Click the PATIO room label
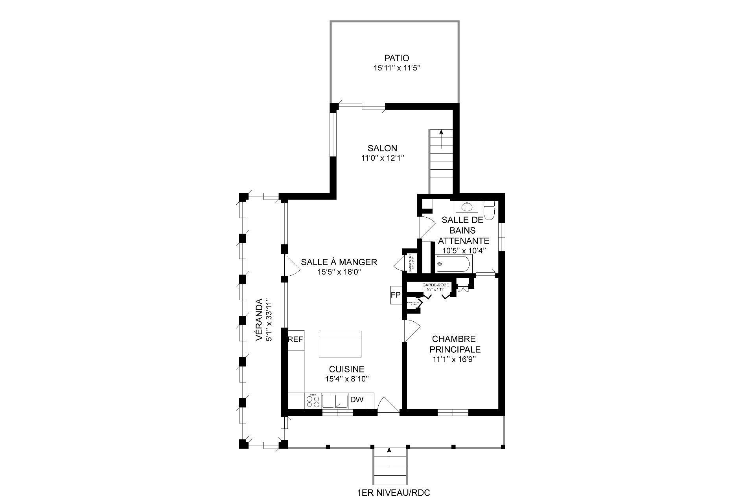coord(396,59)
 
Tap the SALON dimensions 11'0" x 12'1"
coord(383,158)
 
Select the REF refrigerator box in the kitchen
coord(296,339)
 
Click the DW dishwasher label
coord(357,400)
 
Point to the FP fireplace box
coord(395,295)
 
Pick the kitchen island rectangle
coord(340,344)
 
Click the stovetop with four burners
coord(313,401)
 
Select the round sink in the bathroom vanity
coord(467,206)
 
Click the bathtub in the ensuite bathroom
coord(453,264)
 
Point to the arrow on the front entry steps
coord(389,456)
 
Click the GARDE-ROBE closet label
coord(433,284)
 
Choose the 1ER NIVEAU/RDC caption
coord(390,493)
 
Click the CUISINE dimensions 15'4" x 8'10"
coord(346,379)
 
